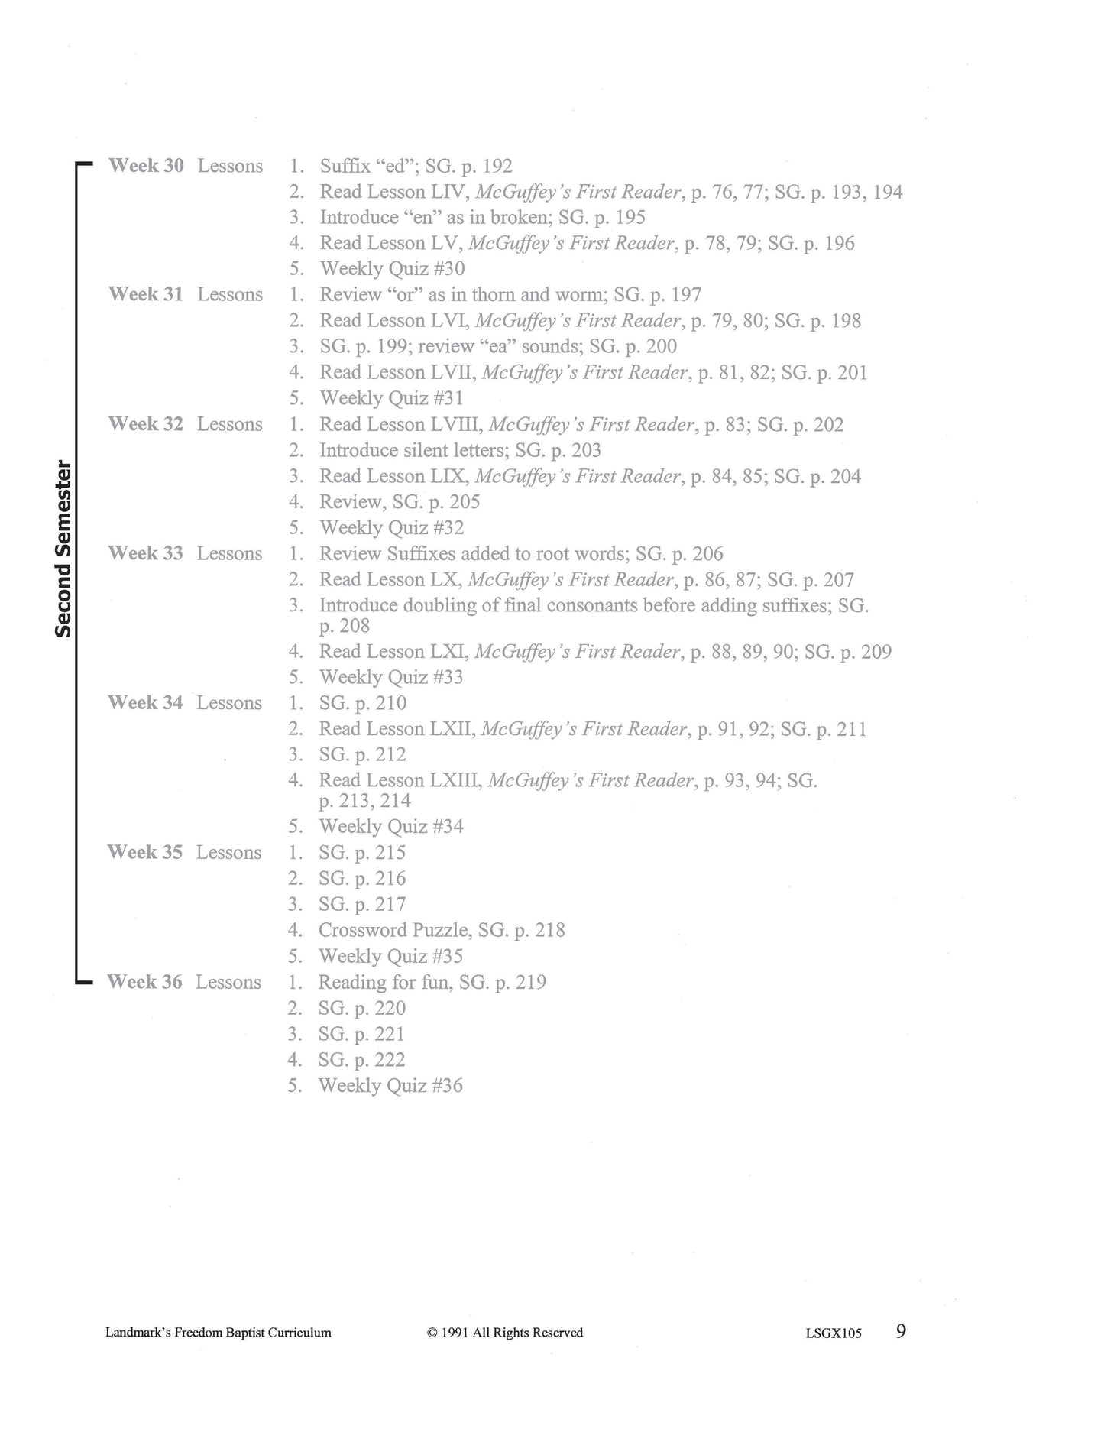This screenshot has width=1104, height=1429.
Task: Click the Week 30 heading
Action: (146, 166)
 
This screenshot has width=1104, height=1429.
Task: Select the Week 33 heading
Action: (145, 553)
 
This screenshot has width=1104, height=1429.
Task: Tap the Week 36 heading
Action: (144, 982)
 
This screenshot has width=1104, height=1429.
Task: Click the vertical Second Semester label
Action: (63, 549)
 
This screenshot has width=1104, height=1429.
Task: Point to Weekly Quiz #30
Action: (392, 269)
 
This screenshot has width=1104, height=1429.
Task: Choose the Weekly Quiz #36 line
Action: (390, 1086)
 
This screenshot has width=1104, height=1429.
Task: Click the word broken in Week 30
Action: (519, 218)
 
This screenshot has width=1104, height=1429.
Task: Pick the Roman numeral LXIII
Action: (456, 780)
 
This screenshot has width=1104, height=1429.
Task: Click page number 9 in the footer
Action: (901, 1331)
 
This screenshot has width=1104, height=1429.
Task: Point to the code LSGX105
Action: (833, 1333)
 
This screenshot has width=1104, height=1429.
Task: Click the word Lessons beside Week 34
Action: (229, 703)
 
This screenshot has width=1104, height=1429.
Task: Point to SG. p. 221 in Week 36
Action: (361, 1034)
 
